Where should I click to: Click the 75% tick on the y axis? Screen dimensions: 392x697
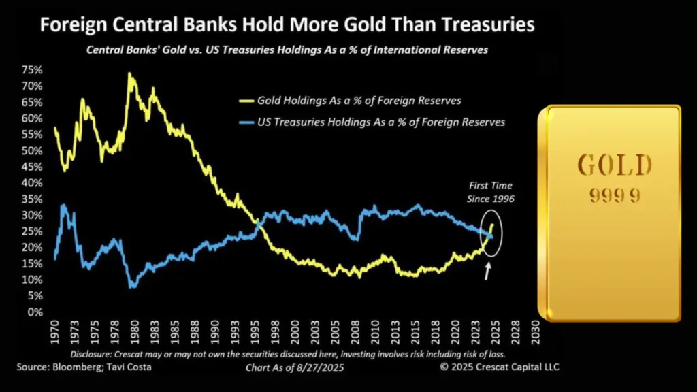pyautogui.click(x=33, y=69)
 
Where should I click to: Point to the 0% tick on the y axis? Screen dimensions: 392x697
pyautogui.click(x=35, y=312)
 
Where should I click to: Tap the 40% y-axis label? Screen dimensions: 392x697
pyautogui.click(x=33, y=182)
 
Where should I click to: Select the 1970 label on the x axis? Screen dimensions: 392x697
pyautogui.click(x=54, y=335)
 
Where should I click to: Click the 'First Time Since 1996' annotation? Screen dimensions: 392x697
pyautogui.click(x=490, y=191)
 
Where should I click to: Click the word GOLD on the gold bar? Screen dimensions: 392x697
pyautogui.click(x=615, y=165)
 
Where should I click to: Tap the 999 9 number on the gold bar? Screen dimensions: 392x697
pyautogui.click(x=614, y=195)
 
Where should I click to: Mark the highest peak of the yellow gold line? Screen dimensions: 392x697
pyautogui.click(x=129, y=73)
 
